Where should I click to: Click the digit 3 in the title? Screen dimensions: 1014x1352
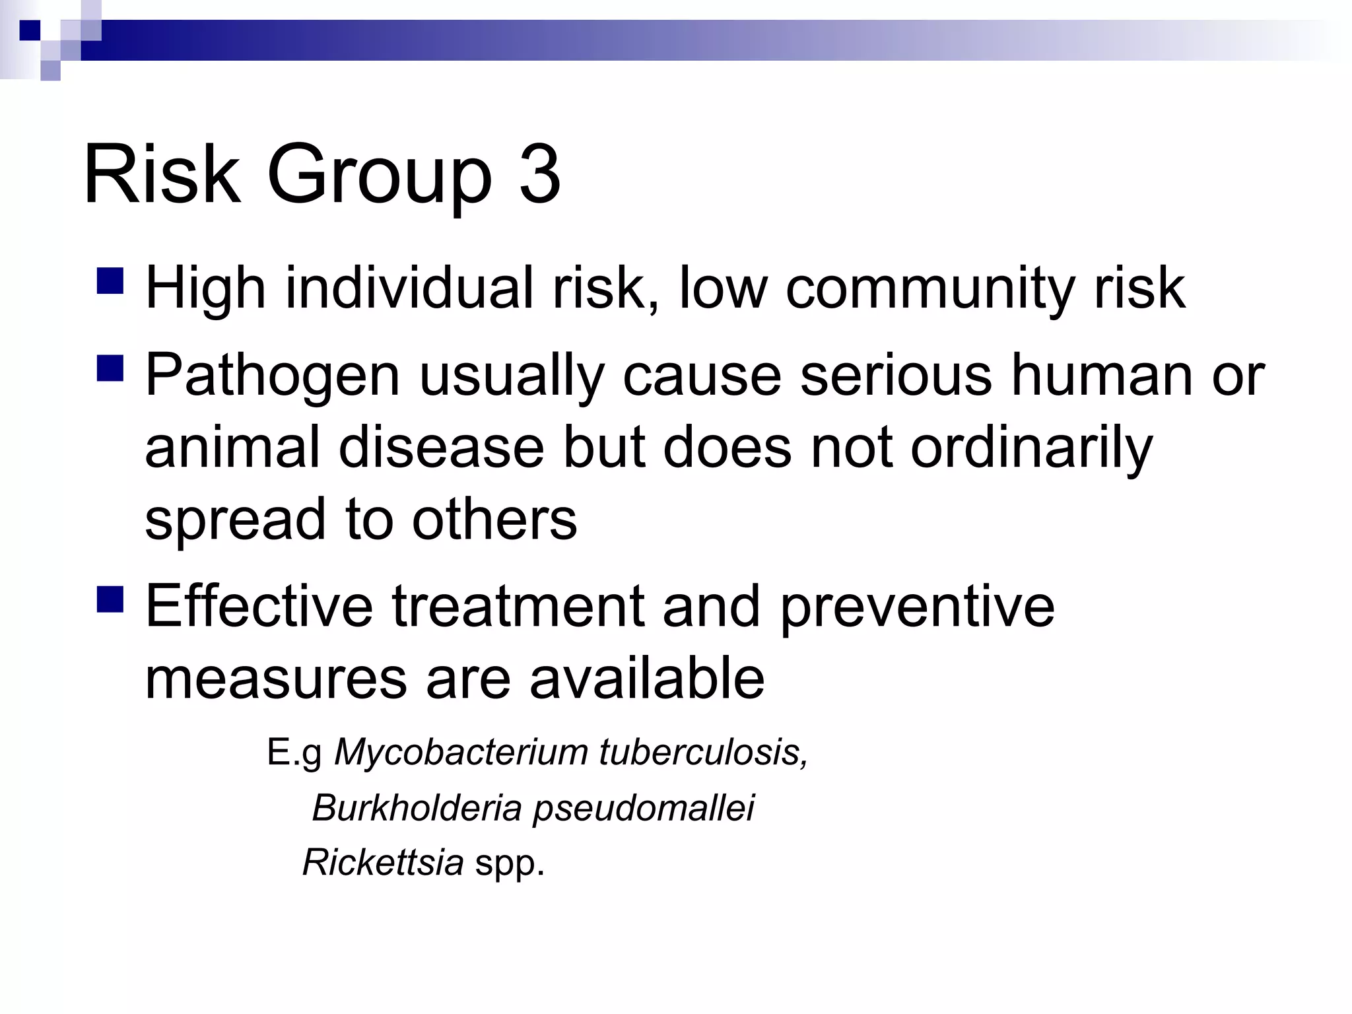point(539,175)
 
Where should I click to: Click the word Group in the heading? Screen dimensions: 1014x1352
point(379,177)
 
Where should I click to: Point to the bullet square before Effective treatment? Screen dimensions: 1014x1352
point(110,599)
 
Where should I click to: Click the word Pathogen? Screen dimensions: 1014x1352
point(272,376)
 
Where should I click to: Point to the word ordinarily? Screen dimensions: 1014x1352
point(1031,449)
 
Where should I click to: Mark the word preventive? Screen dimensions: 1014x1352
point(917,607)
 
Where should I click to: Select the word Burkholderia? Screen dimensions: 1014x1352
point(417,807)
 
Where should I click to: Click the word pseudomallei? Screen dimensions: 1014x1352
point(643,809)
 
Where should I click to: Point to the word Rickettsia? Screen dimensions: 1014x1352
point(383,862)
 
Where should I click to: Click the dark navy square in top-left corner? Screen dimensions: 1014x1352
point(30,30)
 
